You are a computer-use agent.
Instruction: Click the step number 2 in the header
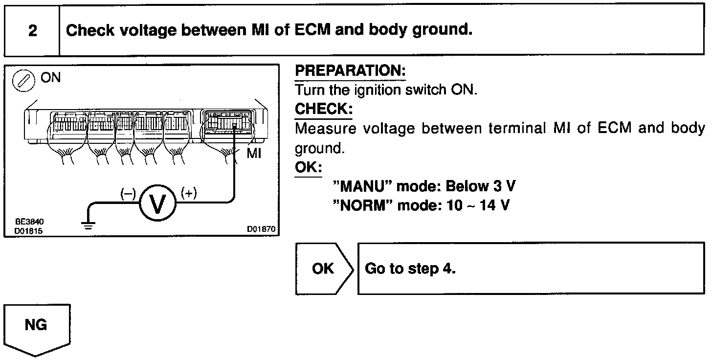coord(32,31)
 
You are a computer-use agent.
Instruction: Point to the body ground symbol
coord(89,225)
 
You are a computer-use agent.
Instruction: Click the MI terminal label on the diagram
coord(254,154)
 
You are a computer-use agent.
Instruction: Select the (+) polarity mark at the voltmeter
coord(189,193)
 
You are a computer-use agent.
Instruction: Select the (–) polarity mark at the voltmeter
coord(128,194)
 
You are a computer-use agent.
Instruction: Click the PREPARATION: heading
coord(350,71)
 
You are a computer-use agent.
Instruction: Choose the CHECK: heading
coord(323,109)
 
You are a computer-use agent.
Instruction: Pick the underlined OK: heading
coord(308,167)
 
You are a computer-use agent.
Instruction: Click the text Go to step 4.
coord(410,269)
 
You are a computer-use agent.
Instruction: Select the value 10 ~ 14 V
coord(478,205)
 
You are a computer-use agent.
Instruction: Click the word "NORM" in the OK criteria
coord(362,205)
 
